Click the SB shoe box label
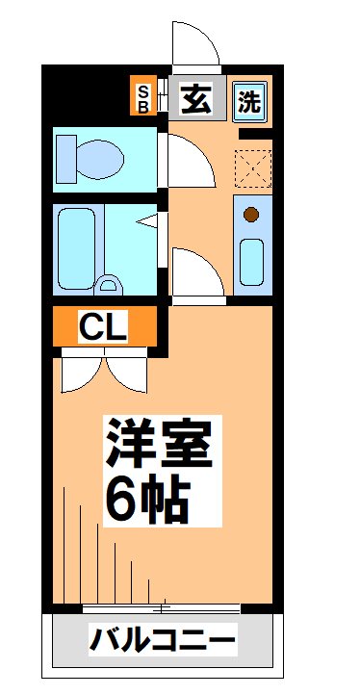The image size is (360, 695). click(x=142, y=96)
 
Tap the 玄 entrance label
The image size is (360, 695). click(x=198, y=97)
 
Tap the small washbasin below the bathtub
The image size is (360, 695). click(x=110, y=284)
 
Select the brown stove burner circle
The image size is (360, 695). click(x=251, y=215)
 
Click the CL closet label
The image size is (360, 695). click(x=103, y=328)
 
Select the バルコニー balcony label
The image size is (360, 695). click(x=164, y=639)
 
